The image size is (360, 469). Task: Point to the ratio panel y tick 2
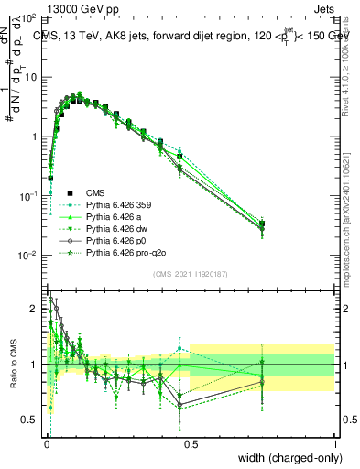click(x=35, y=309)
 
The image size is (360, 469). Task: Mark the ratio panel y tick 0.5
click(x=30, y=420)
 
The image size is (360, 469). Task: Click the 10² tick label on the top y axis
click(x=28, y=18)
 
